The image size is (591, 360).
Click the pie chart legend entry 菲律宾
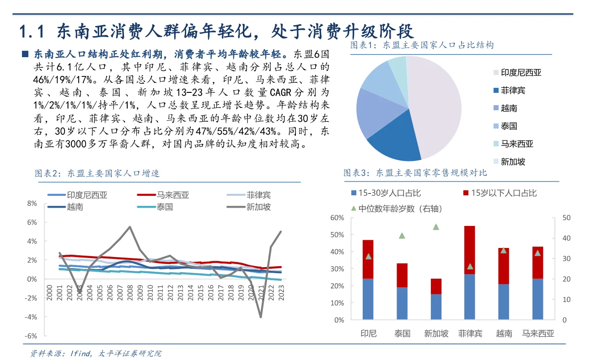[513, 91]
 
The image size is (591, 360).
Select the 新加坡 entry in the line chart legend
[258, 207]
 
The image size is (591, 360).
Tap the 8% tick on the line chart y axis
[32, 203]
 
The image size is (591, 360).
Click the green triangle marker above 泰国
[402, 236]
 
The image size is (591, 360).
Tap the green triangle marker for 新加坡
[436, 227]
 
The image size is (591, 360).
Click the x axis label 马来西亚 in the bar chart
[538, 333]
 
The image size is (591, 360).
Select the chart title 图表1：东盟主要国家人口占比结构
[422, 45]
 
